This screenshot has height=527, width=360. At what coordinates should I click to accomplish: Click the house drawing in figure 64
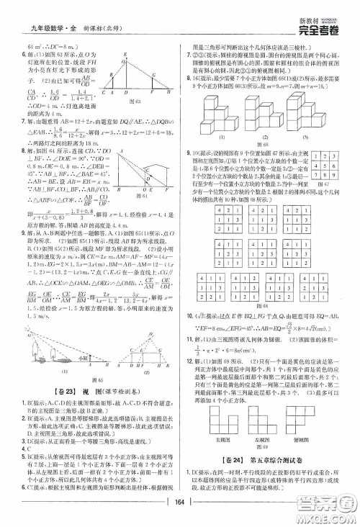(153, 173)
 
